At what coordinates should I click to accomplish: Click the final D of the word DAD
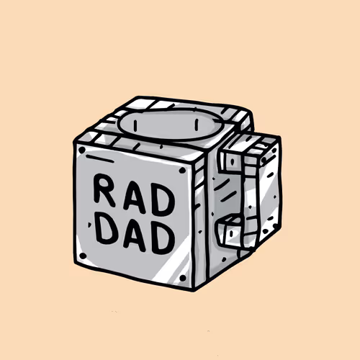(163, 239)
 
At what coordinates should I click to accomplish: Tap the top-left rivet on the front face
(82, 150)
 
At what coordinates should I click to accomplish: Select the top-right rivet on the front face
(182, 171)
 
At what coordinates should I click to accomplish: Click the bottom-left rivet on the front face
(83, 256)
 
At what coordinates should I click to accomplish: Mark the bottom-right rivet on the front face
(183, 278)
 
